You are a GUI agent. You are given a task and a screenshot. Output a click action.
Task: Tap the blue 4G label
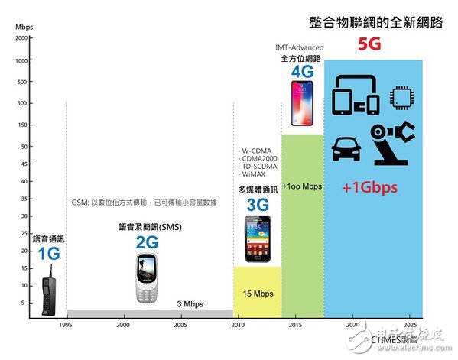coord(302,72)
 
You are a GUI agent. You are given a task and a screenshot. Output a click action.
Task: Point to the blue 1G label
coord(48,253)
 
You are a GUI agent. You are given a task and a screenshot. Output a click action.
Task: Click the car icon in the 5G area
coord(349,149)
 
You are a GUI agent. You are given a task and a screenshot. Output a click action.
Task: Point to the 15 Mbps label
coord(259,293)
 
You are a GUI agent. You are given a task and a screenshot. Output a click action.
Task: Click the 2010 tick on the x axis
coord(237,325)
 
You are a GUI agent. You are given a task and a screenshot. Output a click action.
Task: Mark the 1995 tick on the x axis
coord(67,325)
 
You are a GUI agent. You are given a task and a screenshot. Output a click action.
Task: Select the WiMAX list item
coord(255,174)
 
